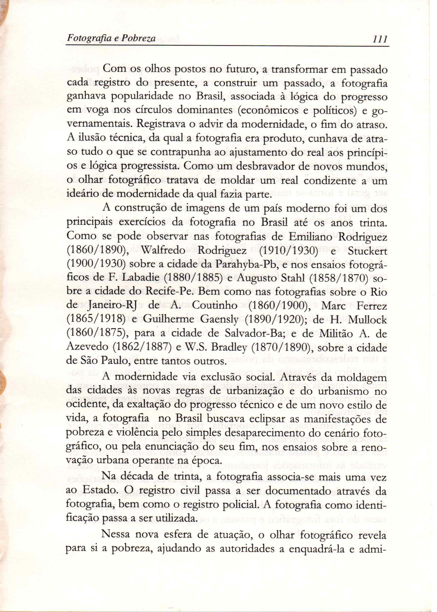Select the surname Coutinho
point(215,306)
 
